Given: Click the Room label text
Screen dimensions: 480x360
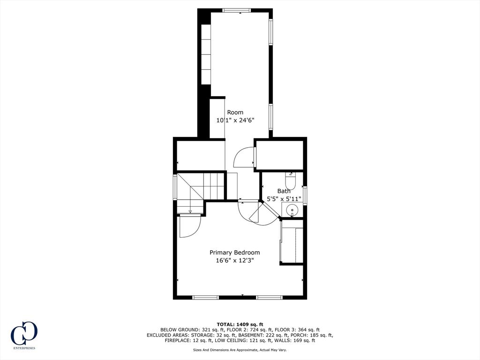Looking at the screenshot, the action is point(235,112).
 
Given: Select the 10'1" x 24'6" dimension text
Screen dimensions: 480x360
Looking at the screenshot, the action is point(235,120).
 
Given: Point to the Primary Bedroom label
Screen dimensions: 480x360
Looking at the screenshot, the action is point(234,253).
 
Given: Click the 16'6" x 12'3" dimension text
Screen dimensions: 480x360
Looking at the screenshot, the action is point(235,261).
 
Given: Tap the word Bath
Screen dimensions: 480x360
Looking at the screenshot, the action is point(284,191).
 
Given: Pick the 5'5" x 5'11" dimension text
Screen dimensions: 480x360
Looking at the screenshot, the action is point(284,199).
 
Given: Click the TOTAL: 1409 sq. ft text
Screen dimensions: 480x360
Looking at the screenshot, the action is point(240,324).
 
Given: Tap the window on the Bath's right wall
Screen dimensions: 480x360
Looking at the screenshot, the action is point(305,194).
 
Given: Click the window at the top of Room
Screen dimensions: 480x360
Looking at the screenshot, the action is point(237,10).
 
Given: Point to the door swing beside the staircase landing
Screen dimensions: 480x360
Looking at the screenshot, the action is point(190,227).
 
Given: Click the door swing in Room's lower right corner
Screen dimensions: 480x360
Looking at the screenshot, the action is point(244,157).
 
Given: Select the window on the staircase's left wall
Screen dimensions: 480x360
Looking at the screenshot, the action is point(175,187).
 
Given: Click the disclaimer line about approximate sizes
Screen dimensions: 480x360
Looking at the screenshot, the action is point(240,350).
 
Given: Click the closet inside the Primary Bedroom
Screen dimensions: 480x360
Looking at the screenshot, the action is point(292,241).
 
